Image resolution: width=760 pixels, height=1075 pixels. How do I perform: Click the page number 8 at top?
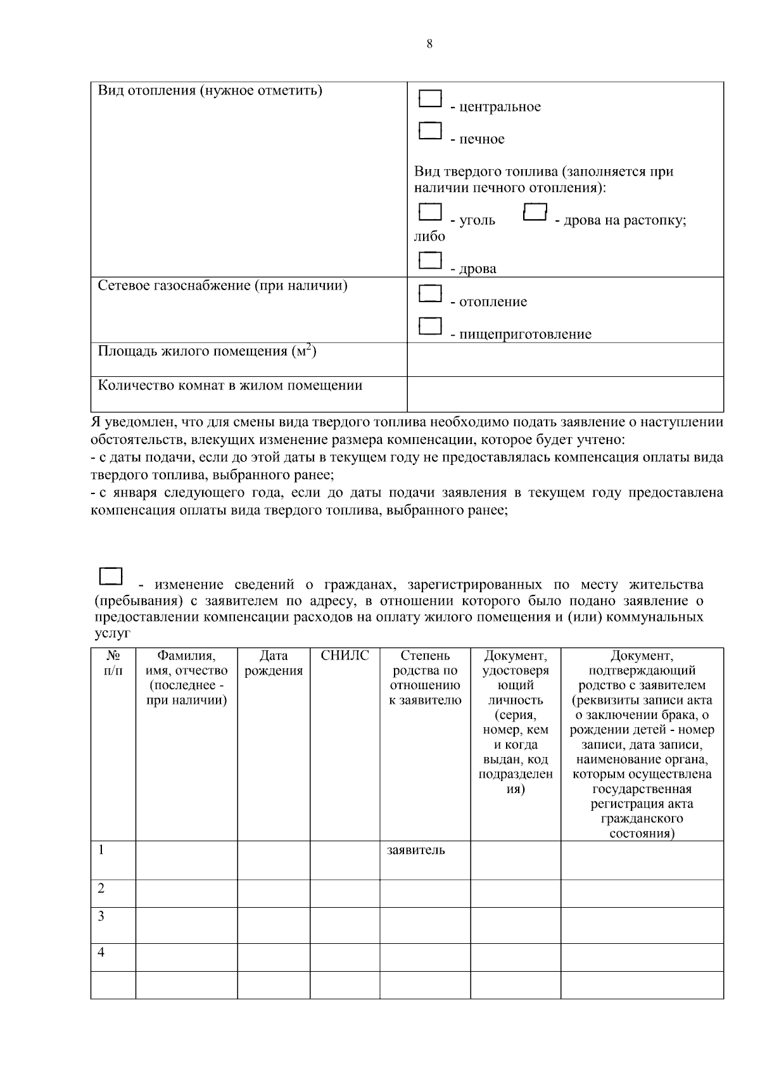[429, 44]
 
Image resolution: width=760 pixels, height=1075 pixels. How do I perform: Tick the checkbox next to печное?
[430, 131]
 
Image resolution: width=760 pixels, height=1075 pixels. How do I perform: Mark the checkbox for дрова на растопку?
[535, 212]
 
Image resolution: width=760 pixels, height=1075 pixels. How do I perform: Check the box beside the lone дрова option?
[430, 260]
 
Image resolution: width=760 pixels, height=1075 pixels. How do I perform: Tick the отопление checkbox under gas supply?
[430, 293]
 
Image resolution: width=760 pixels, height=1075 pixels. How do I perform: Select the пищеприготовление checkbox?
[430, 326]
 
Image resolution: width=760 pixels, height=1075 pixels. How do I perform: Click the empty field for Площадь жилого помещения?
[565, 359]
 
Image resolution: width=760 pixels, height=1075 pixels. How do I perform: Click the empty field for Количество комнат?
[565, 393]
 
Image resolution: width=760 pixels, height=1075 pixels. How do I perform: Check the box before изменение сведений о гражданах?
[111, 576]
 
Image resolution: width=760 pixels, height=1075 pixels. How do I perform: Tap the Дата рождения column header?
[274, 663]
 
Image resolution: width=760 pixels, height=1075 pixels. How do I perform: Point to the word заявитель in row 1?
[415, 850]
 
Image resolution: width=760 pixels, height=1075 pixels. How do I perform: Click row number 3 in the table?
[101, 916]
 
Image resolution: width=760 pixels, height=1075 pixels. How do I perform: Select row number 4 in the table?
[101, 953]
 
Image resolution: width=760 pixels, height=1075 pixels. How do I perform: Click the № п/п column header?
[113, 663]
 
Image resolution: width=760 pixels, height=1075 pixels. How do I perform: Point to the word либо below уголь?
[429, 236]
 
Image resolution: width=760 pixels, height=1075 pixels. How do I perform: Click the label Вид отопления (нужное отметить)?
[210, 91]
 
